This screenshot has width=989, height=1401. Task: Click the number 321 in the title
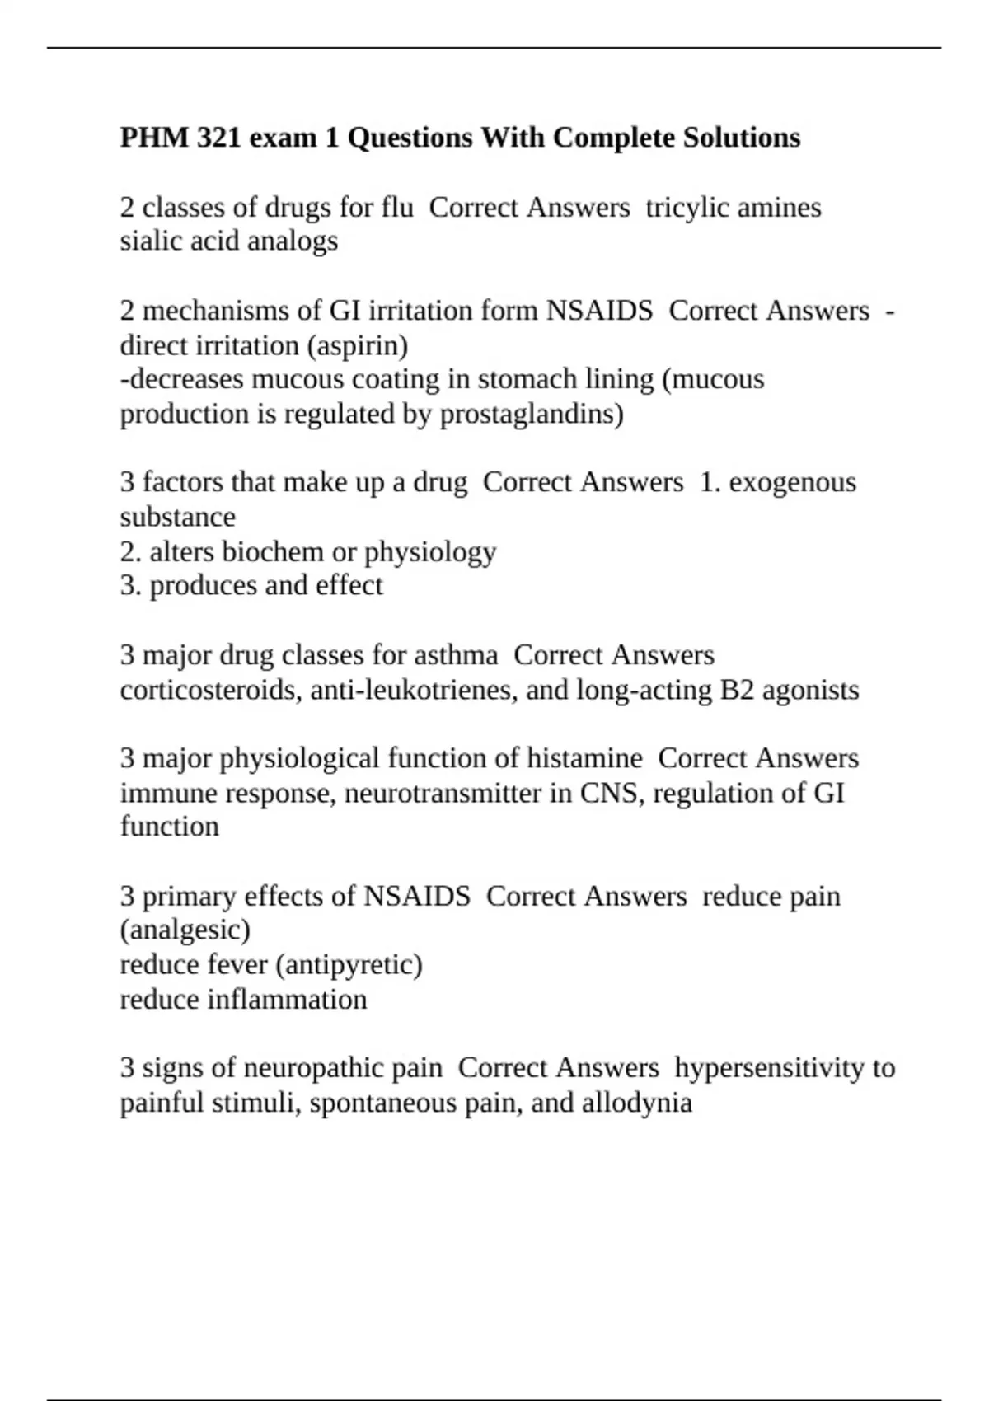coord(220,138)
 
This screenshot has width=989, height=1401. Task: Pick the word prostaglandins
coord(532,414)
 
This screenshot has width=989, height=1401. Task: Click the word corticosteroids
coord(211,689)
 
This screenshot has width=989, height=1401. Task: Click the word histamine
coord(584,758)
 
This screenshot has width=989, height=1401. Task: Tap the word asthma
coord(456,655)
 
